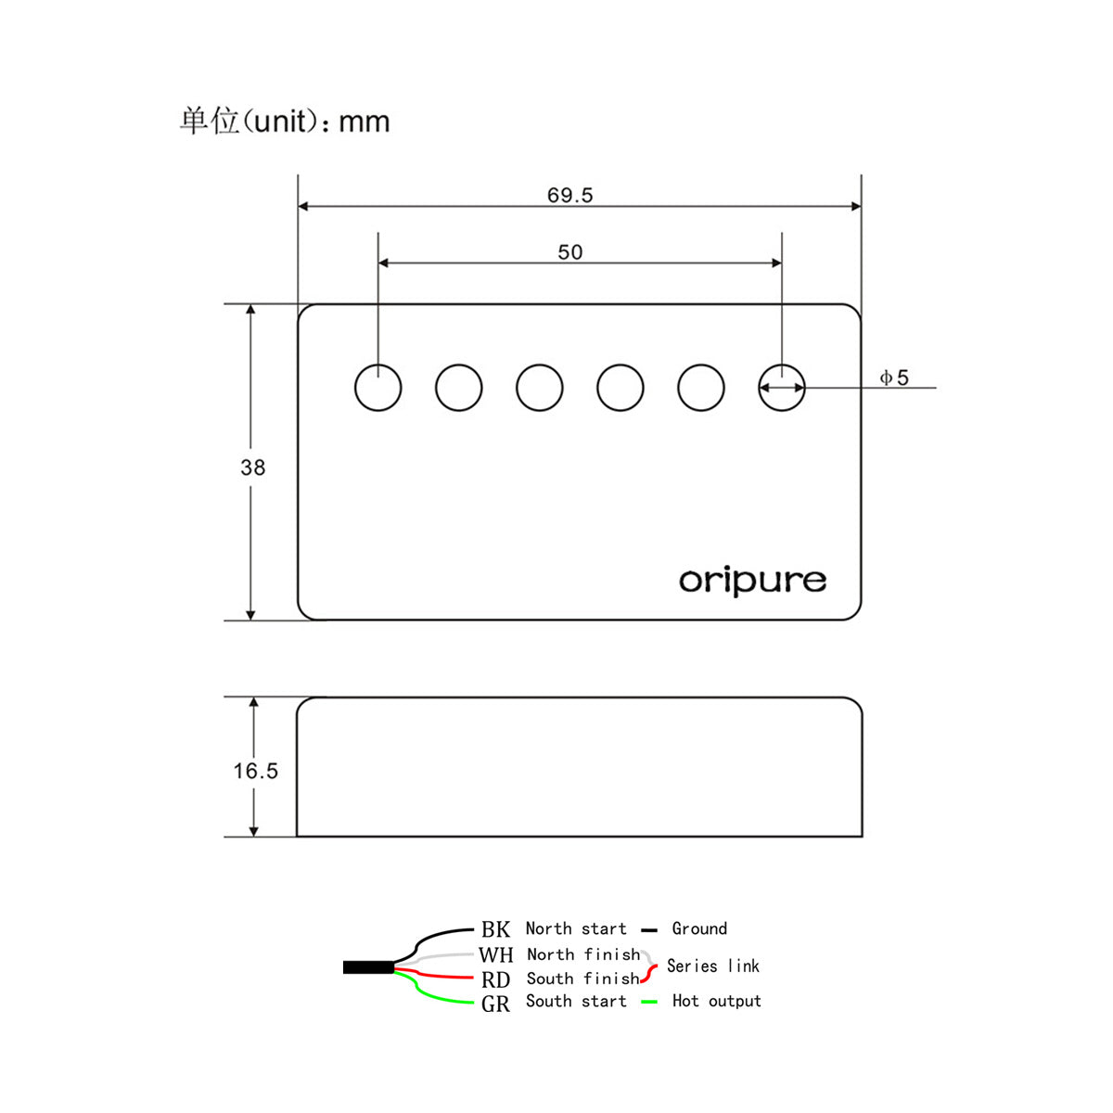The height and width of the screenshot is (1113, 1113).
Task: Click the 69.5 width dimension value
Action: [x=569, y=195]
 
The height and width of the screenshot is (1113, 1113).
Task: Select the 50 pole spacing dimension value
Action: [x=569, y=252]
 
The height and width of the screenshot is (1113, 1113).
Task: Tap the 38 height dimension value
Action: [x=252, y=467]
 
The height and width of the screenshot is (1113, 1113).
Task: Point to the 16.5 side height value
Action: [x=255, y=771]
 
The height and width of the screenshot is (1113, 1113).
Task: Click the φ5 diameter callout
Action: [x=894, y=377]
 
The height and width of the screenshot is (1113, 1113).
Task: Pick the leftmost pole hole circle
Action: [x=378, y=388]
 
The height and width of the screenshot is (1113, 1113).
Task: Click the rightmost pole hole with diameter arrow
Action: [x=782, y=388]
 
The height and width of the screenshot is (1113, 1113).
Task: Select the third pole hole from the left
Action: [x=540, y=388]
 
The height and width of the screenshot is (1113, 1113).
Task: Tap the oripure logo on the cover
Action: [x=752, y=581]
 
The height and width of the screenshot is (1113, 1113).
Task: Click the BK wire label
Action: [x=495, y=929]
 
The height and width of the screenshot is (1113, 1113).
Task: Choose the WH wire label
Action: [x=495, y=954]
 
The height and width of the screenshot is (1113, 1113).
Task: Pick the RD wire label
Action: [x=495, y=979]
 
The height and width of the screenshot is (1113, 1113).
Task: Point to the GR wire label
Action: [x=495, y=1004]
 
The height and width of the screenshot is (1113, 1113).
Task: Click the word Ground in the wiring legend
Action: [x=699, y=928]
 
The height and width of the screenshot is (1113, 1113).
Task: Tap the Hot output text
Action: [x=716, y=1001]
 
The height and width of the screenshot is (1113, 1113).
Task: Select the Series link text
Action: [x=712, y=966]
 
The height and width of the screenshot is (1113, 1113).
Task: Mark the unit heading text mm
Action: [x=364, y=122]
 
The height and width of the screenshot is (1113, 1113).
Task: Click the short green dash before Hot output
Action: [x=649, y=1002]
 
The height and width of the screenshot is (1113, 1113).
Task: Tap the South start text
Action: [x=576, y=1001]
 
